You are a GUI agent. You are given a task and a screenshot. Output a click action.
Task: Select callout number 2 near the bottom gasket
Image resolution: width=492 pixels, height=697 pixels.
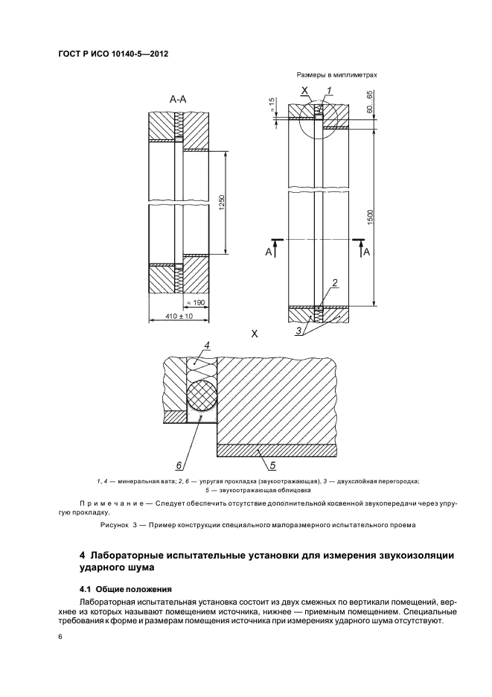[x=336, y=282]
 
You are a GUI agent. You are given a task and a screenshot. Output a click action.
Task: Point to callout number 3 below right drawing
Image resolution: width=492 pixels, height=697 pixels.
[x=301, y=331]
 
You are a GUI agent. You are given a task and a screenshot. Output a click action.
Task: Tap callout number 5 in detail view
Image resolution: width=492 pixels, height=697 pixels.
[x=272, y=466]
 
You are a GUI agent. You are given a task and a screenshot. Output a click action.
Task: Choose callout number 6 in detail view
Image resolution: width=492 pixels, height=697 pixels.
[x=179, y=465]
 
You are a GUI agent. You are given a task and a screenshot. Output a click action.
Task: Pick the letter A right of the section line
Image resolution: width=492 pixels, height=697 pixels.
[x=366, y=252]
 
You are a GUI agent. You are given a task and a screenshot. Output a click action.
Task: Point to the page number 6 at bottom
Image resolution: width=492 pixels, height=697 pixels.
[x=60, y=637]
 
